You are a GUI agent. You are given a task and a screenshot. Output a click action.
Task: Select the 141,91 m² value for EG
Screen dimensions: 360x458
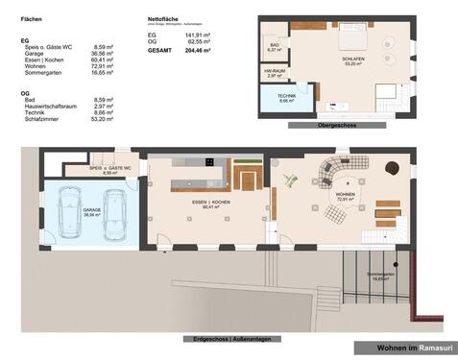pyautogui.click(x=199, y=36)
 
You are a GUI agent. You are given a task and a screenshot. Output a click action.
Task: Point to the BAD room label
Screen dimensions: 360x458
pyautogui.click(x=275, y=46)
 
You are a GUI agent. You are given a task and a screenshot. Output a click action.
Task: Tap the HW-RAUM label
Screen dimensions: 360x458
pyautogui.click(x=275, y=73)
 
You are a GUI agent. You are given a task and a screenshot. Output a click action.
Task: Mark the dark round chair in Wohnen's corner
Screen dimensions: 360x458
pyautogui.click(x=392, y=167)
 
